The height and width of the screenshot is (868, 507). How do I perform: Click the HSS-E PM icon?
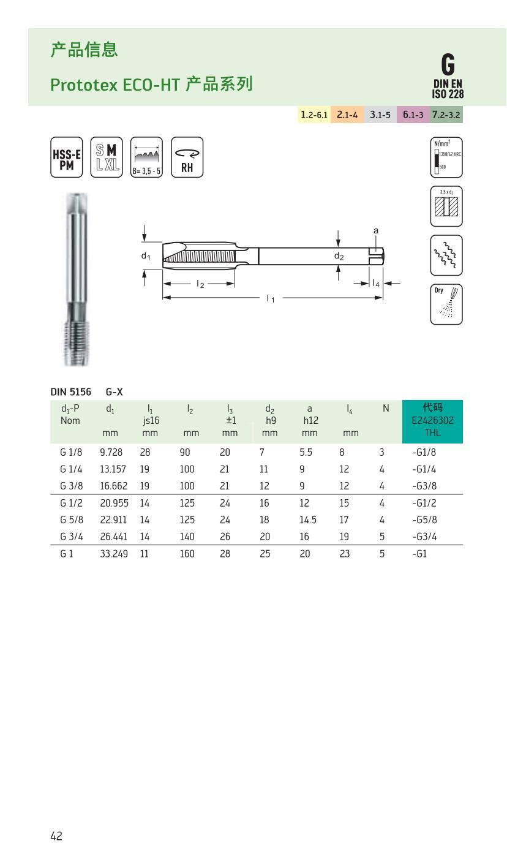coord(66,157)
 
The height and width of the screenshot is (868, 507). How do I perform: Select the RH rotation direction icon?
coord(187,157)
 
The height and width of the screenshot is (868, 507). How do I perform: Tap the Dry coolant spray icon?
coord(446,304)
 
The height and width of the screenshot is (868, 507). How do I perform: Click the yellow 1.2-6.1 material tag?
coord(314,115)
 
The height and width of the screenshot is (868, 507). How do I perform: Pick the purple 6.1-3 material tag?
coord(413,115)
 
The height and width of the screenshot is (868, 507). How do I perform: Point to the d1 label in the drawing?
coord(146,256)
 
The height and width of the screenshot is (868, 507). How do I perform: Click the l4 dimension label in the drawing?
coord(376,283)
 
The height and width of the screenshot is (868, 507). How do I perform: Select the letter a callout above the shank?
coord(376,231)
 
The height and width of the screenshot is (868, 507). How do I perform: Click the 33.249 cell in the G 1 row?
coord(114,554)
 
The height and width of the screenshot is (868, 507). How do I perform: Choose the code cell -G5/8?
coord(424,520)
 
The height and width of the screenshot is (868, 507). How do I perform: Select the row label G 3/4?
coord(71,537)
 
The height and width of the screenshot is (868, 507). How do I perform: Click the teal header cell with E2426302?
coord(432,421)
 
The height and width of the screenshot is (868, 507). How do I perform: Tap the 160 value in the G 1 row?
coord(187,554)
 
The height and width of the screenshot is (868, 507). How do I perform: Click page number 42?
coord(56,836)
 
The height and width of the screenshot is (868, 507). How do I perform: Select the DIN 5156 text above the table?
coord(70,391)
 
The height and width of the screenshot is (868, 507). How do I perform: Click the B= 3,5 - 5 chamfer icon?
coord(146,157)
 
